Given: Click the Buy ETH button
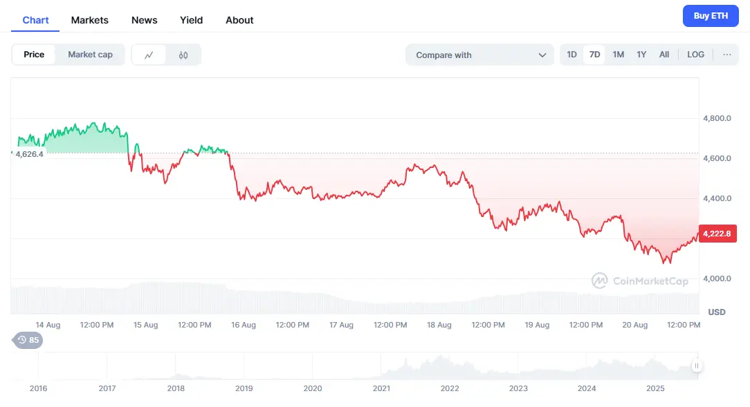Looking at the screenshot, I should (x=711, y=16).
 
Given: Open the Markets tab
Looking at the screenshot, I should (x=89, y=20).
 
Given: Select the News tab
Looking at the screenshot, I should (x=144, y=20).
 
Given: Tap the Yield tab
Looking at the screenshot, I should (x=191, y=20).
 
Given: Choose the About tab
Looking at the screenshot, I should (x=239, y=20).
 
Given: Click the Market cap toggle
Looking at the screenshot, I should (x=90, y=55).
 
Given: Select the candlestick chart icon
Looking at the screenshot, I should (x=183, y=55).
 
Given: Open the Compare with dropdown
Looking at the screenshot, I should (x=480, y=55).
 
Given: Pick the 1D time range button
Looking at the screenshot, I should (x=571, y=55).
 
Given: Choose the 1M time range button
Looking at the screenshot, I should (x=618, y=55).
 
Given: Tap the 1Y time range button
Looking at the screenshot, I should (x=641, y=55).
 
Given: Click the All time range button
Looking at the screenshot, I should (x=664, y=55).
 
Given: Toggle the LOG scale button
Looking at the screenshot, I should (x=695, y=55).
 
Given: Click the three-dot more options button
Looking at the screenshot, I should (x=726, y=55).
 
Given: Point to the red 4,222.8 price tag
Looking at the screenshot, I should (x=717, y=234).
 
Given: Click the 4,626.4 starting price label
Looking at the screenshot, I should (x=29, y=154).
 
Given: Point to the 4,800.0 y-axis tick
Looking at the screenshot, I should (x=717, y=119).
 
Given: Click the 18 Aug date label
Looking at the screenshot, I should (x=439, y=325).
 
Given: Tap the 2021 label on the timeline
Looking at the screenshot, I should (x=381, y=388).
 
